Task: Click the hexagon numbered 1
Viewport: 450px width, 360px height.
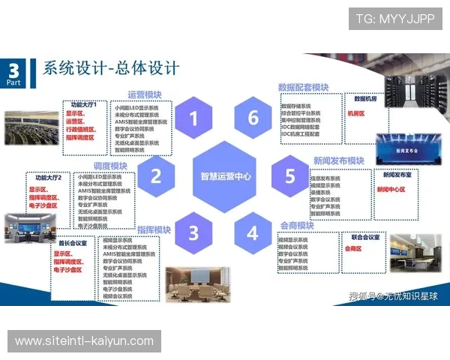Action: [193, 118]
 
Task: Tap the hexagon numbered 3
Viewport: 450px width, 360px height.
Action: [193, 232]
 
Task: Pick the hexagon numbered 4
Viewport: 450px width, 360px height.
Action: [253, 232]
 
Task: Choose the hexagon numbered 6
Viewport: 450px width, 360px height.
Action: [253, 118]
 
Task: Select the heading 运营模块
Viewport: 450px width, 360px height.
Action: [145, 95]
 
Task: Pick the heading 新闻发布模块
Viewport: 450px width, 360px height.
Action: [338, 161]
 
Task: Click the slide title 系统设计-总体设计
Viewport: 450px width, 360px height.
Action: [110, 69]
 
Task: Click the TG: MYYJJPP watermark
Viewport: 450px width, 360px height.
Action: [394, 19]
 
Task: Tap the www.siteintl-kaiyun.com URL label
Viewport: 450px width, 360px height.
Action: [84, 341]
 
